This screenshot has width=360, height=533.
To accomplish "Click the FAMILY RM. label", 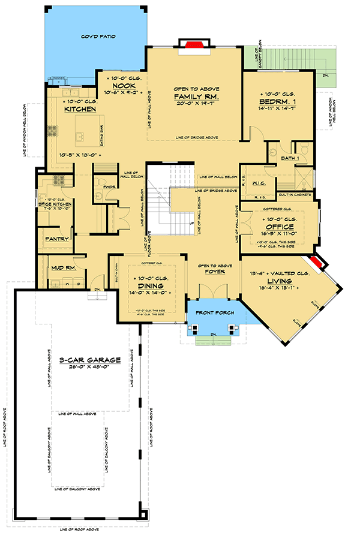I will pos(196,97).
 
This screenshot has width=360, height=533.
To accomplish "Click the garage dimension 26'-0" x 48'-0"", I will pos(91,369).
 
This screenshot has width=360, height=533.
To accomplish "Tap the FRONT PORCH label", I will pos(214,312).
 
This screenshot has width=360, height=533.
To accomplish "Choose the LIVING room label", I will pos(280,281).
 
